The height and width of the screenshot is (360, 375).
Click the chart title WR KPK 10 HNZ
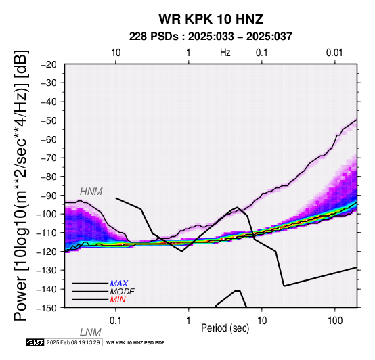[211, 19]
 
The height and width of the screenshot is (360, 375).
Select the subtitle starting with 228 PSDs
[211, 37]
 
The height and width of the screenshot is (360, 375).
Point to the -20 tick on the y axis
[49, 64]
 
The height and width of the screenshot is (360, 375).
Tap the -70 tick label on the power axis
[49, 158]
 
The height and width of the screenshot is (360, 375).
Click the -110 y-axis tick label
[47, 233]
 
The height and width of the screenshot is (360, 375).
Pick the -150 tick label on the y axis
[47, 308]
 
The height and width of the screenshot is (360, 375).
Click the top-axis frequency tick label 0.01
[334, 53]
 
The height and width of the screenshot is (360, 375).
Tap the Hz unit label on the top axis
[225, 53]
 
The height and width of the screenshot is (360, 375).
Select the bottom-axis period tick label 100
[335, 321]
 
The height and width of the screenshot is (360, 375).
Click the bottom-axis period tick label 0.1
[116, 321]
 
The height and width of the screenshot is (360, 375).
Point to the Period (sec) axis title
[225, 328]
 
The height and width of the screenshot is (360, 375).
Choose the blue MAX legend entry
[119, 284]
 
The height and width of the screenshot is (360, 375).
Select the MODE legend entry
[123, 292]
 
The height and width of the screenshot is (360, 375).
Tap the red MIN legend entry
[118, 300]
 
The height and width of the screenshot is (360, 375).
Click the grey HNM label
[91, 192]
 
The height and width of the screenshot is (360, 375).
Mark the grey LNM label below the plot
[91, 332]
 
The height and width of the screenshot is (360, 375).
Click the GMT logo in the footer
[35, 342]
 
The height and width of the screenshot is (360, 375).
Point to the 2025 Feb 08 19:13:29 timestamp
[73, 342]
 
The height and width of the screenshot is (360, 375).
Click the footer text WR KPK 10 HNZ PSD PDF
[135, 343]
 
